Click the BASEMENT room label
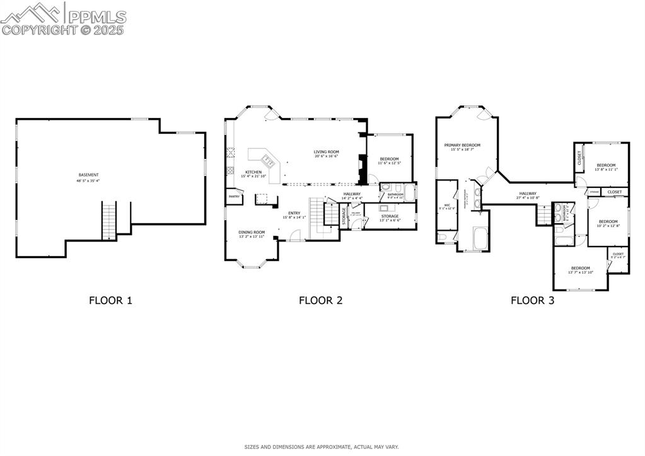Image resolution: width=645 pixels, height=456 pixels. click(x=88, y=175)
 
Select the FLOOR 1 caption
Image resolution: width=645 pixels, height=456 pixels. click(x=110, y=300)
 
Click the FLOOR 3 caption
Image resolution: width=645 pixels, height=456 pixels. click(x=532, y=300)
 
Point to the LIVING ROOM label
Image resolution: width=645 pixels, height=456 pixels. click(x=327, y=152)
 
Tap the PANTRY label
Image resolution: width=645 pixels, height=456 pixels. click(x=233, y=197)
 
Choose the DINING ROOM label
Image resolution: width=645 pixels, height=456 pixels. click(x=251, y=233)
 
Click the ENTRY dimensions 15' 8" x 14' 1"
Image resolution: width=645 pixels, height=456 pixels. click(x=294, y=218)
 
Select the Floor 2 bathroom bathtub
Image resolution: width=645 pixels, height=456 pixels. click(x=409, y=192)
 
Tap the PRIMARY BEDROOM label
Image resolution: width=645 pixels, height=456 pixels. click(x=462, y=146)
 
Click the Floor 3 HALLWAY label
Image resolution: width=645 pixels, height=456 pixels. click(x=528, y=194)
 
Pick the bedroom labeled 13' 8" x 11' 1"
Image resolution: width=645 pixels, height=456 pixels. click(x=605, y=167)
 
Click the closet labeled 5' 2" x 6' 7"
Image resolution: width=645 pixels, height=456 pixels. click(x=617, y=255)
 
